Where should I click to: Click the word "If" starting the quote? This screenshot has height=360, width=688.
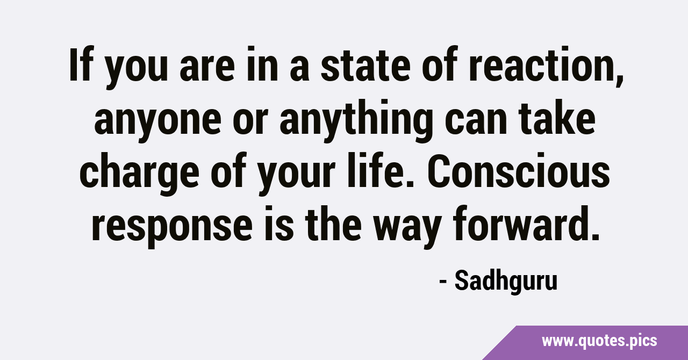tap(81, 65)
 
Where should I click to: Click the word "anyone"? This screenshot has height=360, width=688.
tap(158, 122)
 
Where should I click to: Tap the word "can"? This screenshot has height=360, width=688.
tap(476, 122)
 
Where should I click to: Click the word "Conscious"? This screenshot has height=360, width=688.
tap(519, 170)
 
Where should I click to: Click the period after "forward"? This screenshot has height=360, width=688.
tap(594, 235)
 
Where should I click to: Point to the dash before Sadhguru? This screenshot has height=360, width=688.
tap(443, 282)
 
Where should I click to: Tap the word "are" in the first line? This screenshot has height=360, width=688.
tap(207, 68)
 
